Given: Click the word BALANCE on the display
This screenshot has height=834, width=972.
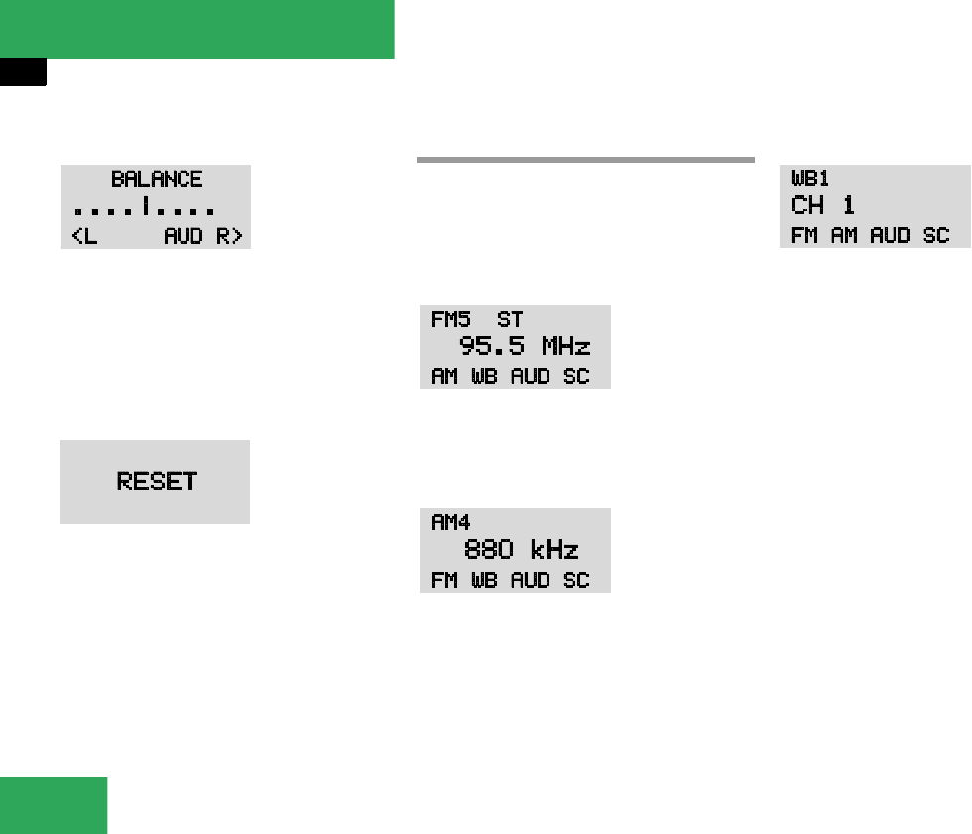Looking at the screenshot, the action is (x=157, y=180).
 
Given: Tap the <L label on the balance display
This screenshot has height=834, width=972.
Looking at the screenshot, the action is (x=85, y=236).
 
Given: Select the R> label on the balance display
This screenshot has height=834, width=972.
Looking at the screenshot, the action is (x=231, y=236).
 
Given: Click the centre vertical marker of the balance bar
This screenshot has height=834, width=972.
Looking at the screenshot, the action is (x=145, y=208).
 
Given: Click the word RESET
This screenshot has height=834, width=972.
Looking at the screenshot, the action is (x=157, y=482).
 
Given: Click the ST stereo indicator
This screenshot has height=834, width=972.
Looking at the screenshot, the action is (x=509, y=320).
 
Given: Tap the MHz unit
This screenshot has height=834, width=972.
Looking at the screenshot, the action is (x=565, y=347).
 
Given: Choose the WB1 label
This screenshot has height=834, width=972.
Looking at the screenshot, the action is (x=809, y=179).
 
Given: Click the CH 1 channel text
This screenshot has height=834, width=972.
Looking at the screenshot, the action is (x=823, y=206).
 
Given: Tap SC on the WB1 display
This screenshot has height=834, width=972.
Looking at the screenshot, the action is (x=936, y=236).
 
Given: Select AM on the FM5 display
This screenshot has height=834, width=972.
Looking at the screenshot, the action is (x=444, y=377).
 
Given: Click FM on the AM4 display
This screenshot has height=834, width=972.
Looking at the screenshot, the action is (x=444, y=581).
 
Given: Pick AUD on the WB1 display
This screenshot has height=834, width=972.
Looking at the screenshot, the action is (x=889, y=236).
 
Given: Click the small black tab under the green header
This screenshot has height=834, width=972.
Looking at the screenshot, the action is (x=23, y=72).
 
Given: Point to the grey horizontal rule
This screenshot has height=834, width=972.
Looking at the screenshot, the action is (x=585, y=159).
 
